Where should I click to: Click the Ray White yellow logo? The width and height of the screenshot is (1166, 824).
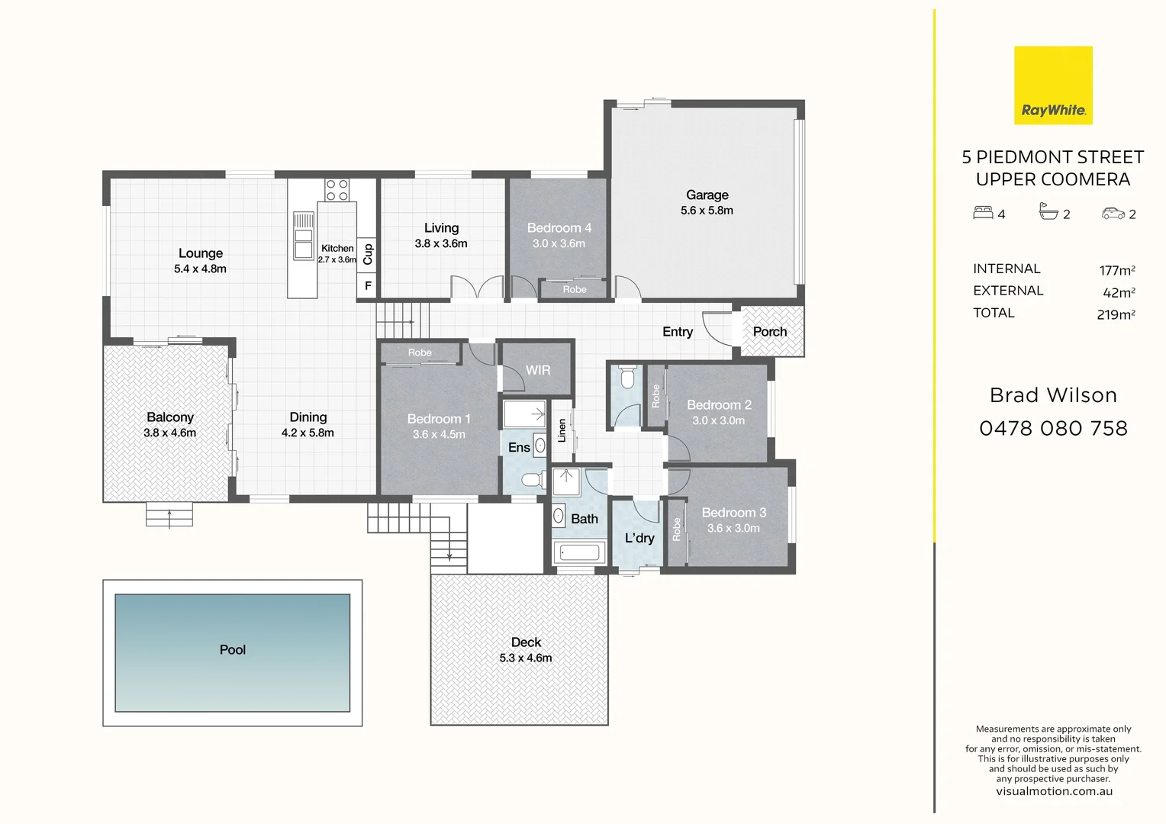click(x=1053, y=85)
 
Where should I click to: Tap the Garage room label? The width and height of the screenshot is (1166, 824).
click(x=707, y=195)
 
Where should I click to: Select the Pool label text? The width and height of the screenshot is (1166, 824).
click(x=233, y=650)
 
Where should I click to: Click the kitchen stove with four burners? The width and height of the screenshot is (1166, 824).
click(x=337, y=190)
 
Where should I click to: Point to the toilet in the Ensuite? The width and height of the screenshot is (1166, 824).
click(x=531, y=481)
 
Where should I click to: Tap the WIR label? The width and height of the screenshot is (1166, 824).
click(x=538, y=370)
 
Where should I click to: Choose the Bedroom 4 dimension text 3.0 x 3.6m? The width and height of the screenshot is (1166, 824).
click(x=559, y=243)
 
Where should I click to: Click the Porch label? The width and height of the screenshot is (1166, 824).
click(x=769, y=332)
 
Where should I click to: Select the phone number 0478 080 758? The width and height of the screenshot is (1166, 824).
click(x=1053, y=429)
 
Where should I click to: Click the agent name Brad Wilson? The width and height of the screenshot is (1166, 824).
click(x=1053, y=395)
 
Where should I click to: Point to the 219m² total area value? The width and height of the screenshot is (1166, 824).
click(x=1116, y=314)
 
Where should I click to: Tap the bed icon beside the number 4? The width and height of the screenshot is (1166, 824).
click(x=983, y=213)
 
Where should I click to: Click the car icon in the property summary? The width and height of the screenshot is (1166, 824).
click(x=1113, y=214)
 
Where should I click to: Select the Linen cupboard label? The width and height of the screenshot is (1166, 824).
click(x=562, y=430)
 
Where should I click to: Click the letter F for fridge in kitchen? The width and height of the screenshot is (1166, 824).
click(x=368, y=286)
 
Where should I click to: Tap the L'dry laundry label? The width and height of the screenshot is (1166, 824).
click(x=639, y=538)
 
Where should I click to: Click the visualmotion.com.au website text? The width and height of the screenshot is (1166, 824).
click(x=1053, y=791)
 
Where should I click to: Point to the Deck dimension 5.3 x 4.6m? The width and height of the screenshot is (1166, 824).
click(x=526, y=658)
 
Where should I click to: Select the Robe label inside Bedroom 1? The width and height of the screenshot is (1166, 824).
click(x=420, y=352)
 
